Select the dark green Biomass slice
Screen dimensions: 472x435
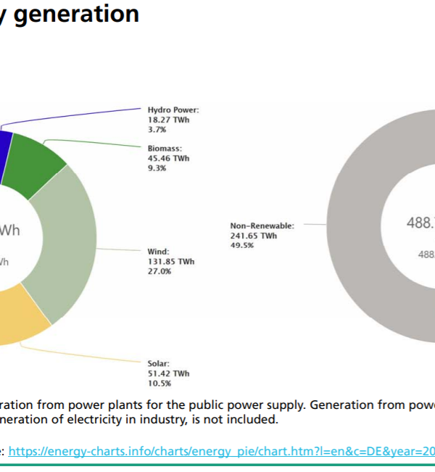click(x=37, y=163)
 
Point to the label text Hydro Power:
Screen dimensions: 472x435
click(x=173, y=109)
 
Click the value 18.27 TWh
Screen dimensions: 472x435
click(x=168, y=119)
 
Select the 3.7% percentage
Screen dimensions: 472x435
click(x=157, y=128)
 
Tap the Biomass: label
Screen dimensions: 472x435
click(x=165, y=149)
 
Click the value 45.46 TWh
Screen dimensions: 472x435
click(x=168, y=158)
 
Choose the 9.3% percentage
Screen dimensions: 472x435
click(x=157, y=167)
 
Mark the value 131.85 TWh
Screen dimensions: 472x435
click(x=171, y=262)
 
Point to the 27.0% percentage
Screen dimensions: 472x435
click(x=159, y=271)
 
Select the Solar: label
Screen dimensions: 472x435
click(x=160, y=363)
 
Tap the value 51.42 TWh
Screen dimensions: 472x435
click(x=168, y=373)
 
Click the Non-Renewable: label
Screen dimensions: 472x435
click(x=262, y=225)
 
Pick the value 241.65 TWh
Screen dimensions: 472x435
click(x=254, y=236)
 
